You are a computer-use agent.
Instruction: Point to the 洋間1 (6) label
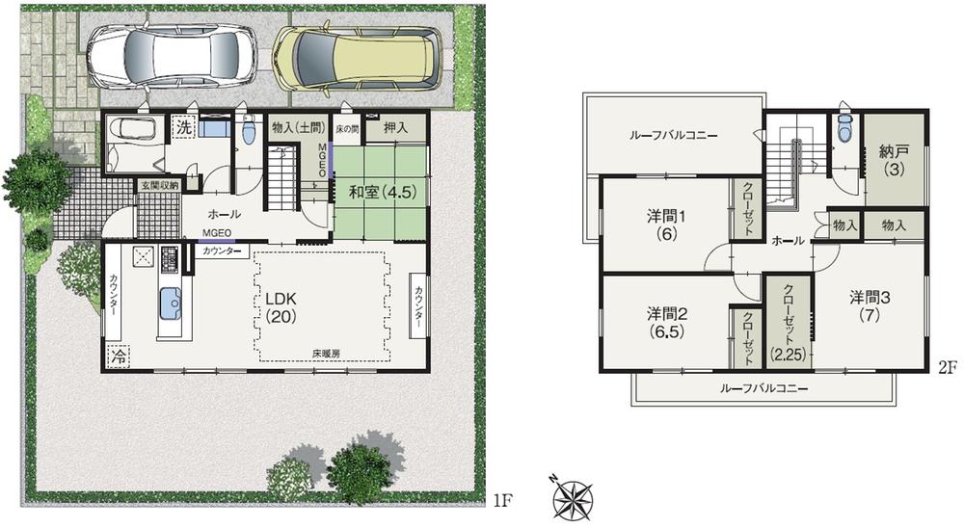click(x=665, y=224)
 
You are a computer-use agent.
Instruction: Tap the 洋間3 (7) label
click(x=870, y=305)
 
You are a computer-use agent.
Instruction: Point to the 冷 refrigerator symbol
click(x=118, y=356)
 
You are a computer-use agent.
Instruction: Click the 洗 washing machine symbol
click(x=183, y=126)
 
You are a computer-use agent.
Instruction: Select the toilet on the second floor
click(x=845, y=127)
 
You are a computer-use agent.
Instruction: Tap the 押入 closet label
click(x=395, y=126)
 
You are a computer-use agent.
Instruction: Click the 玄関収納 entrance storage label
click(x=155, y=185)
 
